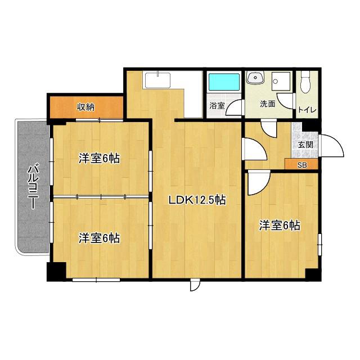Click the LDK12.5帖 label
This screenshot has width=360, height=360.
click(197, 200)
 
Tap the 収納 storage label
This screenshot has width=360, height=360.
click(85, 107)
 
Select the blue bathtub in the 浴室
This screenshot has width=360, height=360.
click(224, 82)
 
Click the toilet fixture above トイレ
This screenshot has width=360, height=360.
click(305, 82)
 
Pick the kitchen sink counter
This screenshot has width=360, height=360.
click(157, 80)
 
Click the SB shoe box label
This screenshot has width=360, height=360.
click(301, 165)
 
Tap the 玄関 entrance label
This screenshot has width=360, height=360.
click(305, 145)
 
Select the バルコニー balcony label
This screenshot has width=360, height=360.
click(33, 186)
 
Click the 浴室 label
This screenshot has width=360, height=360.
click(217, 105)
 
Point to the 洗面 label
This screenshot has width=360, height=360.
click(268, 104)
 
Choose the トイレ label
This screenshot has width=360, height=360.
click(307, 110)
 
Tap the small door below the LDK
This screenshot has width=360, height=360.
click(195, 285)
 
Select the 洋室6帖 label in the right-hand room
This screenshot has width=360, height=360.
click(280, 226)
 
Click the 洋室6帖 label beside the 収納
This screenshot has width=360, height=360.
click(99, 158)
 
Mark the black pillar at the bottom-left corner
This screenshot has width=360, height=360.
click(56, 272)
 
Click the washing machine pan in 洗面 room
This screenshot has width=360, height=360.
click(281, 81)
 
